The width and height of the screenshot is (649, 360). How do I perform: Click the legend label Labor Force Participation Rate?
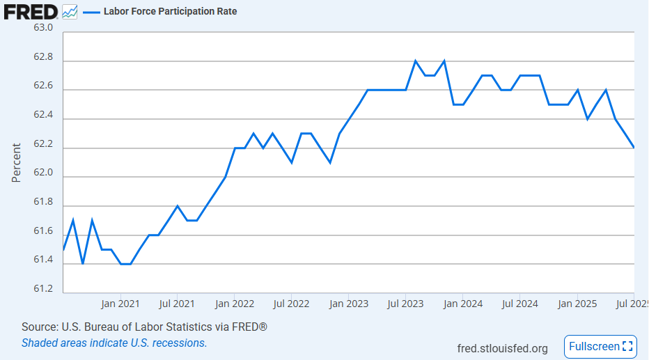pos(170,11)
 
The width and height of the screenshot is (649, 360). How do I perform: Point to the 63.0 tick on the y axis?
pos(43,28)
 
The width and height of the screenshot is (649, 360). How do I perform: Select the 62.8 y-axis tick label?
pos(43,57)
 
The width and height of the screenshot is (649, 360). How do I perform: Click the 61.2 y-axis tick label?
pos(43,288)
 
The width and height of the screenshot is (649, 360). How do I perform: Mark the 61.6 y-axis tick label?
pos(43,230)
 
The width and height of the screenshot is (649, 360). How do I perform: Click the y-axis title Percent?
pos(17,162)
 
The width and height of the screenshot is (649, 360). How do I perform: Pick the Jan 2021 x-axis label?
pos(120,304)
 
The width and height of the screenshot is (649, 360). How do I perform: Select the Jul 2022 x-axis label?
pos(291,304)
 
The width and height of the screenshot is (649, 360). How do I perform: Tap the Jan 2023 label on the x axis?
pos(349,304)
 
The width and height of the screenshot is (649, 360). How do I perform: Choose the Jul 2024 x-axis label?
pos(519,304)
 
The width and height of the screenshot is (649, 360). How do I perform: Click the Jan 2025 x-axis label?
pos(577,304)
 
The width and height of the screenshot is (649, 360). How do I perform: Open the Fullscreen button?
pos(600,346)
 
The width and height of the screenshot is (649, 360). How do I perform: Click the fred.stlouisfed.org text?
pos(502,348)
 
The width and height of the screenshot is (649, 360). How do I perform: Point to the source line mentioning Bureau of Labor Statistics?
pos(144,327)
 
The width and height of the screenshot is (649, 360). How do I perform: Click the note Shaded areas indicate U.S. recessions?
pos(114,343)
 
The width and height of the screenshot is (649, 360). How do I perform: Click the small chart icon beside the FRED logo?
pos(70,12)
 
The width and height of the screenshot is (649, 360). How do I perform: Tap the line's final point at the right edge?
pos(634,148)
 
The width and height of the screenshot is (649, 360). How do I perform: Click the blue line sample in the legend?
pos(91,12)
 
